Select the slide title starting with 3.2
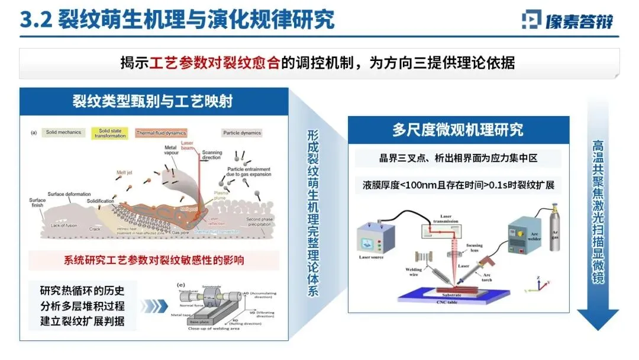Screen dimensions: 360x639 coord(177,19)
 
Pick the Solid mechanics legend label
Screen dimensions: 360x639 coord(63,133)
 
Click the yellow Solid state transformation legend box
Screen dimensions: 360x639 coord(112,133)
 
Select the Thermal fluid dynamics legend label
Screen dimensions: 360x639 coord(161,133)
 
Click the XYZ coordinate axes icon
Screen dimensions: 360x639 coord(535,284)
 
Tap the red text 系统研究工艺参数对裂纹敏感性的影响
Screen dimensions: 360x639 coord(154,261)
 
